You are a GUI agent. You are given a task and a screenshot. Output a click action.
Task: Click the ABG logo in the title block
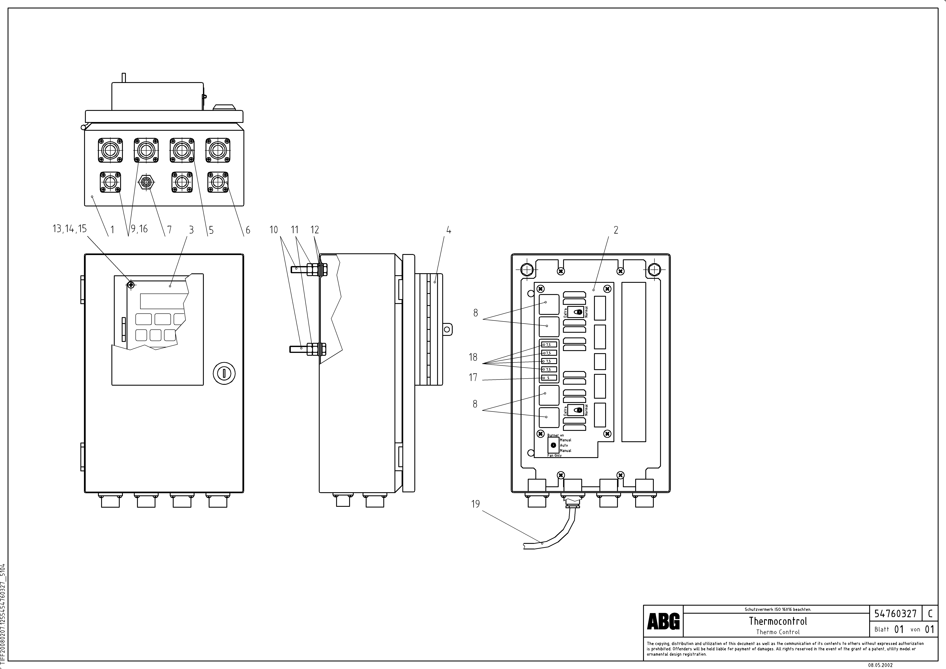pyautogui.click(x=663, y=621)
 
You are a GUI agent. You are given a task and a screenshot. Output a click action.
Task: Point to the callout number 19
pyautogui.click(x=475, y=504)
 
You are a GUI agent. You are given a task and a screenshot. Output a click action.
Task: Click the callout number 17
pyautogui.click(x=473, y=377)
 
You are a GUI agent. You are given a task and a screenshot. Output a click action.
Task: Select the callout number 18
pyautogui.click(x=473, y=357)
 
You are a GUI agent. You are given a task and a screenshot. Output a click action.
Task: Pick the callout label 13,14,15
pyautogui.click(x=70, y=229)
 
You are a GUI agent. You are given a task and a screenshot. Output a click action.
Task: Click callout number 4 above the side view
pyautogui.click(x=449, y=230)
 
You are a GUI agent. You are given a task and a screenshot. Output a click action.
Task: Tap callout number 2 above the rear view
pyautogui.click(x=616, y=230)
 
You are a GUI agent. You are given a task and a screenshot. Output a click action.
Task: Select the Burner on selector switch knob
pyautogui.click(x=553, y=445)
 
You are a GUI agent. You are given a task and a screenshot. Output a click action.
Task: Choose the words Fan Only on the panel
pyautogui.click(x=555, y=456)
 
